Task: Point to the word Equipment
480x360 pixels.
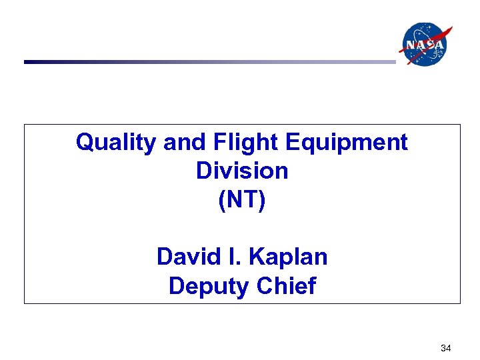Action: click(x=347, y=142)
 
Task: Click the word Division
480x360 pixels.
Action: click(x=242, y=171)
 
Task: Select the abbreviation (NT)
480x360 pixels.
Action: click(x=242, y=200)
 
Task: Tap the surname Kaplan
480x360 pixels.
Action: click(x=290, y=257)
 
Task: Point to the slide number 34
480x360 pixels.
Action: click(x=446, y=348)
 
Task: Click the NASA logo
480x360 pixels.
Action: click(x=425, y=44)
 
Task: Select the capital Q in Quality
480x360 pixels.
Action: click(x=85, y=142)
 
